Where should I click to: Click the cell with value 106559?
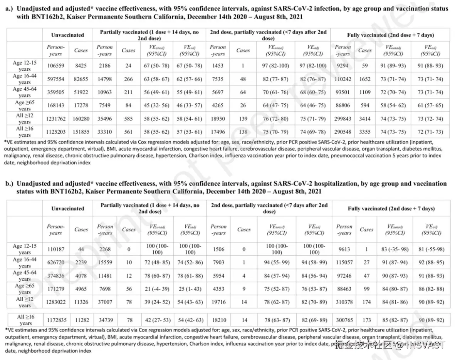(x=55, y=66)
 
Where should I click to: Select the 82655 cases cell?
(x=81, y=79)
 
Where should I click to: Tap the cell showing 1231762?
(x=55, y=119)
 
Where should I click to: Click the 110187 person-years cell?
(x=55, y=249)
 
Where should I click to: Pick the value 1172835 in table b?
(x=55, y=320)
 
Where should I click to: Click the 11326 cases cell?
(x=81, y=301)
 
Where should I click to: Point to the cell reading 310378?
(x=344, y=301)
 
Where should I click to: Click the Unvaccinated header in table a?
(x=67, y=35)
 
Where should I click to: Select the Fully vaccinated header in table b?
(x=391, y=208)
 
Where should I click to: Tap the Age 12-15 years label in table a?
(x=25, y=65)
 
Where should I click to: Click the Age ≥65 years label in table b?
(x=25, y=288)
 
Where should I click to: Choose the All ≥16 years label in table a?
(x=25, y=131)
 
